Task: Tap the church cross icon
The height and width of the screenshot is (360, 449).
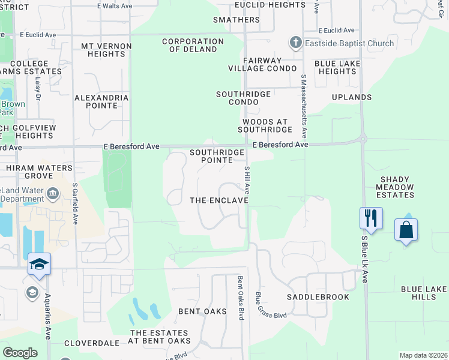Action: (x=295, y=43)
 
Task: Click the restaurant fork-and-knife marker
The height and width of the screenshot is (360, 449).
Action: (x=371, y=218)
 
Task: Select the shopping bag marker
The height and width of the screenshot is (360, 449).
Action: (x=406, y=230)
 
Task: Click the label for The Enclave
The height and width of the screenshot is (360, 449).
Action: (x=219, y=200)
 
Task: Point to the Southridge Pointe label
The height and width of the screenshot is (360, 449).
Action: (x=217, y=157)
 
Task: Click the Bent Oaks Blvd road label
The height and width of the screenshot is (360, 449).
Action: (x=241, y=297)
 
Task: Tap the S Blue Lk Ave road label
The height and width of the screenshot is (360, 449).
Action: (x=364, y=259)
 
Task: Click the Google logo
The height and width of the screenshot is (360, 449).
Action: (x=20, y=353)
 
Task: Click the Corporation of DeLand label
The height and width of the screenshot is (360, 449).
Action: (x=193, y=46)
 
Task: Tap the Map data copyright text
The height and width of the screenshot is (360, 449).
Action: (x=423, y=355)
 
